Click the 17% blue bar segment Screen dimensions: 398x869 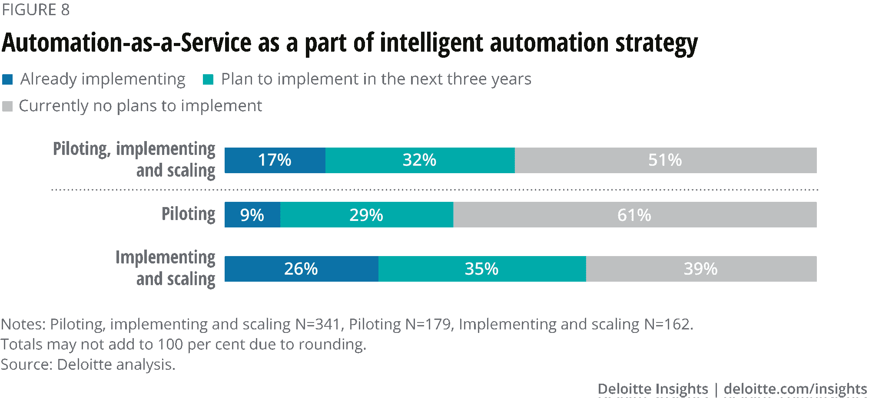tap(275, 160)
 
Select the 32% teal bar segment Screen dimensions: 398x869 tap(420, 160)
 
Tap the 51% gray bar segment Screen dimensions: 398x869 tap(665, 160)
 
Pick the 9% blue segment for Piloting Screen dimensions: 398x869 tap(252, 215)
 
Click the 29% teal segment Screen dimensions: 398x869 tap(366, 215)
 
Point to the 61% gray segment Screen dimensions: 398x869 tap(634, 215)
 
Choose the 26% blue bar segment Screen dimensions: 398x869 tap(301, 269)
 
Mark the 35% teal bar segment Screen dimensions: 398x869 tap(482, 269)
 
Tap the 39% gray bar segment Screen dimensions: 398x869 tap(701, 269)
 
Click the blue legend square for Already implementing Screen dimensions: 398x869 tap(8, 80)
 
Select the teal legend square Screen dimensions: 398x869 tap(208, 80)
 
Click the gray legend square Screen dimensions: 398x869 tap(7, 106)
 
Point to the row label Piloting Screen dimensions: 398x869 tap(188, 214)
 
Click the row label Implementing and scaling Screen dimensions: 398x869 tap(166, 268)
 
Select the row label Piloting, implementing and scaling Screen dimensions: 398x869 tap(134, 160)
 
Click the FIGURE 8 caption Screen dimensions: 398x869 tap(36, 10)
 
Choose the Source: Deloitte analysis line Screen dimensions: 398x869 tap(88, 365)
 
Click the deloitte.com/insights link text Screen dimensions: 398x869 tap(795, 389)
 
